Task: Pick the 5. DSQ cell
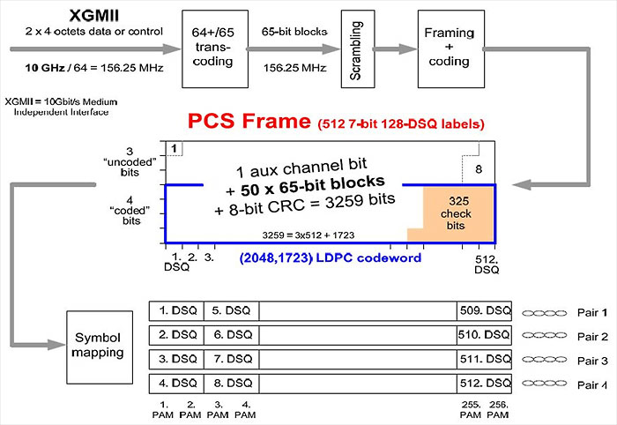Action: click(x=231, y=311)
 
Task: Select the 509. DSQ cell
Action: click(x=484, y=311)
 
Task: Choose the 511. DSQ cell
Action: click(x=484, y=360)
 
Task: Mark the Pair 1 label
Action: click(x=591, y=312)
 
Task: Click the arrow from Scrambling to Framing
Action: click(x=396, y=49)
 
